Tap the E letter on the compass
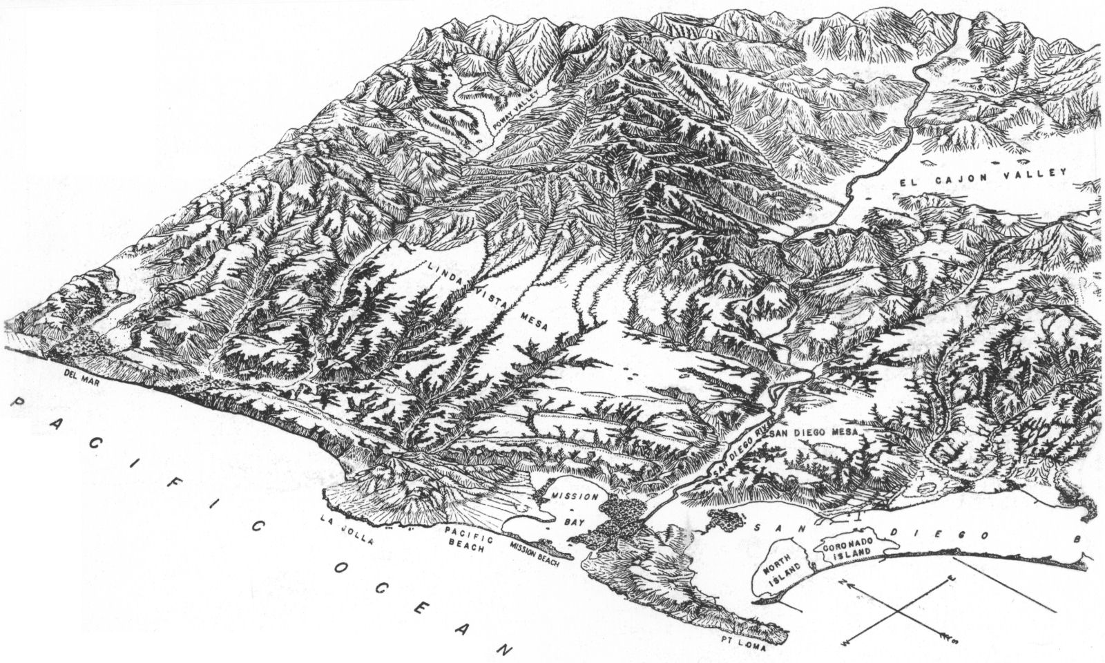[953, 575]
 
